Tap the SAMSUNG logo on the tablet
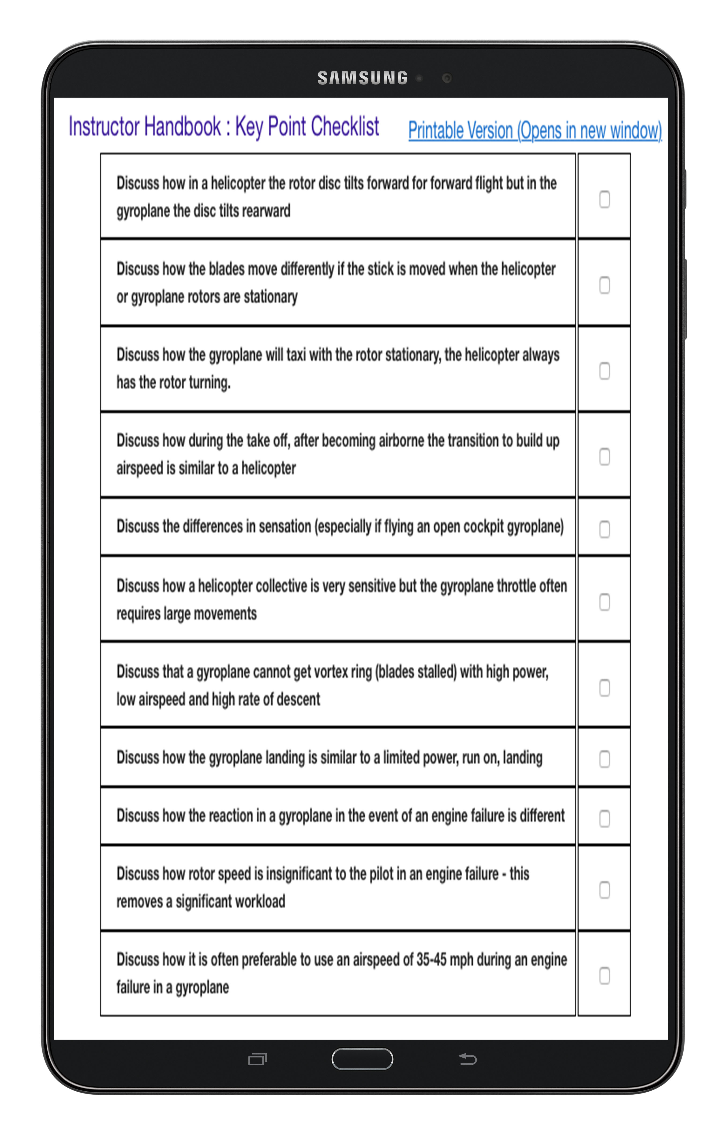coord(362,78)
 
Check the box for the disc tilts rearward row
coord(604,199)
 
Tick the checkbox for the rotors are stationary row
coord(604,285)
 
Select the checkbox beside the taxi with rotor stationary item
coord(604,371)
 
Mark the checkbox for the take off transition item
coord(604,456)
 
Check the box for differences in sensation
coord(604,529)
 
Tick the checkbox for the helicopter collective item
coord(604,602)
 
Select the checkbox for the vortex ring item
coord(604,688)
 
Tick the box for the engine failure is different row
coord(604,818)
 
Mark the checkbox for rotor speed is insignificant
coord(604,890)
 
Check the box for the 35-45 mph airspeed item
coord(604,975)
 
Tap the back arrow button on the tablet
coord(468,1059)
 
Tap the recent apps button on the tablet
coord(257,1059)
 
